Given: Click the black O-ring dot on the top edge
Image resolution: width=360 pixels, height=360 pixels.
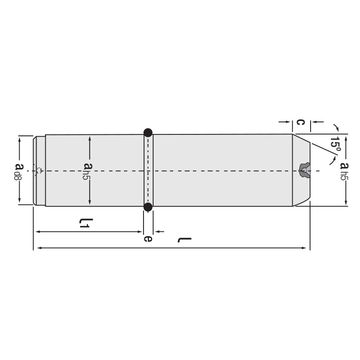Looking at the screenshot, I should tap(148, 132).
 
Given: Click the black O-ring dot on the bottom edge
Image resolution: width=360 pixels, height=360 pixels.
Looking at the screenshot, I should tap(148, 207).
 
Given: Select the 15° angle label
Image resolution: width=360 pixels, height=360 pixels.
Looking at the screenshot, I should tap(335, 145).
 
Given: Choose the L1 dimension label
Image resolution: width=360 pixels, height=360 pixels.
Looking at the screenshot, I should tap(85, 223).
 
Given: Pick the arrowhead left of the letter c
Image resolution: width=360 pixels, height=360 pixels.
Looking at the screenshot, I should tap(289, 122).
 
